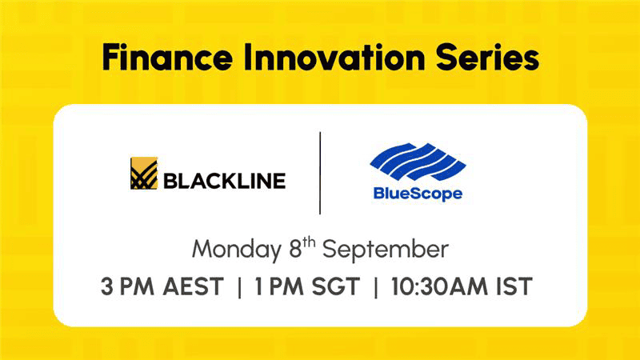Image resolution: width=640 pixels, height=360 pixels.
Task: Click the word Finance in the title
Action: tap(167, 57)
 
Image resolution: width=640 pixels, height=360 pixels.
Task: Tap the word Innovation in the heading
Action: tap(334, 57)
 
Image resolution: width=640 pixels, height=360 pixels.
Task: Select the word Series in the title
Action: tap(487, 57)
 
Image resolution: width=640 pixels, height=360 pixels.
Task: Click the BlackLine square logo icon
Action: tap(144, 173)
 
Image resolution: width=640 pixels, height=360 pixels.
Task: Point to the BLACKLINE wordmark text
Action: tap(225, 182)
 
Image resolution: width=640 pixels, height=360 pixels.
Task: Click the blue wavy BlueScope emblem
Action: tap(418, 162)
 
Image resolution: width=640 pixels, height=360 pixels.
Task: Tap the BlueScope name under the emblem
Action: tap(418, 194)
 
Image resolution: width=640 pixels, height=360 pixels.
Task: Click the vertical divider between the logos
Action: tap(320, 173)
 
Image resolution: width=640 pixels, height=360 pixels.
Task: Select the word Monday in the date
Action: tap(237, 250)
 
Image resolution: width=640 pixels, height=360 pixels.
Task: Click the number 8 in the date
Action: tap(295, 250)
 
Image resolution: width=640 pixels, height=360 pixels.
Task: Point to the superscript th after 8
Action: tap(309, 243)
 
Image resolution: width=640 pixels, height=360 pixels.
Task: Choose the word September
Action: tap(386, 250)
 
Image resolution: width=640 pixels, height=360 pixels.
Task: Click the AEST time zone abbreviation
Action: tap(193, 286)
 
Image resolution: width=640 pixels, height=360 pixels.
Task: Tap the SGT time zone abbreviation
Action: tap(335, 286)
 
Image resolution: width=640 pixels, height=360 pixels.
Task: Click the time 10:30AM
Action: tap(439, 286)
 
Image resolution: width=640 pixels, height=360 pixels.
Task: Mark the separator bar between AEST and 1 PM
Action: tap(239, 286)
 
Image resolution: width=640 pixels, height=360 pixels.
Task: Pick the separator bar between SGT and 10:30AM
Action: tap(375, 286)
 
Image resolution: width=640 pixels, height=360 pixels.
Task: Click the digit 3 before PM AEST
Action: tap(106, 286)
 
